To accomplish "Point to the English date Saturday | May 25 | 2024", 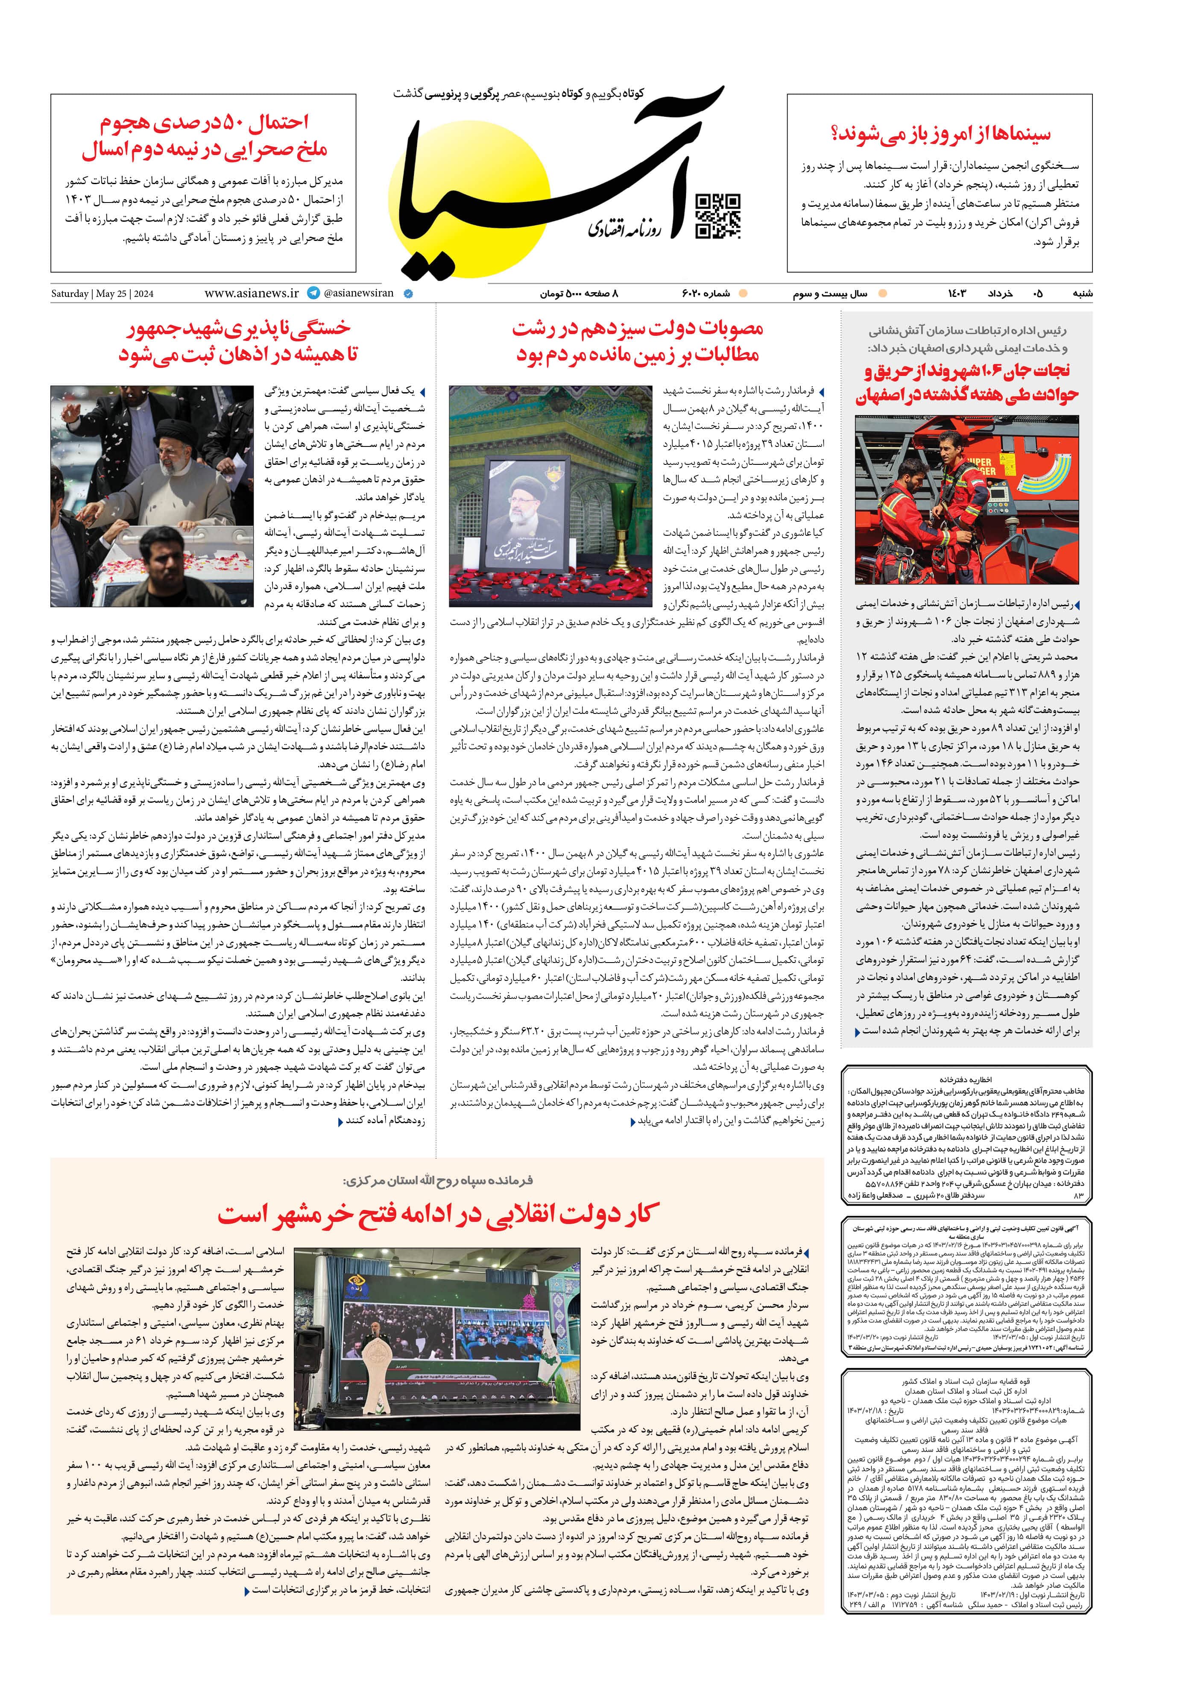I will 102,294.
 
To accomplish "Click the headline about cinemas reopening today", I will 940,134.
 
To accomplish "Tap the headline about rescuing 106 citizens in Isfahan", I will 967,382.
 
